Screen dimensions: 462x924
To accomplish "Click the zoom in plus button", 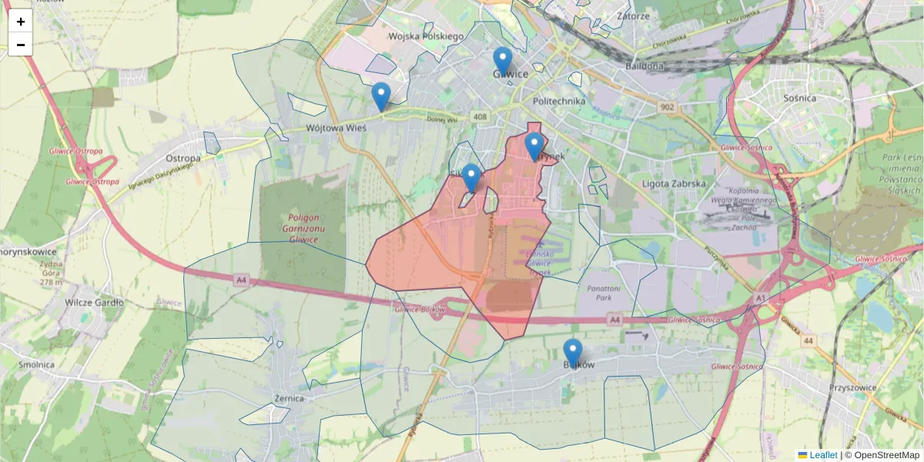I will click(x=20, y=22).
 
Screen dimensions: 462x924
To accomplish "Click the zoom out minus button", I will click(x=20, y=45).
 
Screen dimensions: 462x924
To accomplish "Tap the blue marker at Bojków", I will click(x=572, y=353).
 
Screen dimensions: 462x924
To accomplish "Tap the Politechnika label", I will click(x=559, y=101).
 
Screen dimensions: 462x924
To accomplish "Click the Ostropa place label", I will click(x=183, y=158).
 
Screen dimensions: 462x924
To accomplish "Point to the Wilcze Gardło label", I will click(x=95, y=303).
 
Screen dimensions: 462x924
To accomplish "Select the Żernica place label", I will click(x=289, y=399).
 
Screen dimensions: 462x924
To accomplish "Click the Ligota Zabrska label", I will click(x=674, y=184).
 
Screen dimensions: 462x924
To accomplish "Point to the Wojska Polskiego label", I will click(x=425, y=36).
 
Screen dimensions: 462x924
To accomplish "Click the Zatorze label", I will click(x=633, y=15).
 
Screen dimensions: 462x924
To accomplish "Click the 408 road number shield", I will click(x=480, y=117).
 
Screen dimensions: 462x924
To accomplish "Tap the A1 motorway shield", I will click(x=760, y=297).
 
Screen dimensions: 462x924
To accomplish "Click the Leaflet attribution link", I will click(x=822, y=455).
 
